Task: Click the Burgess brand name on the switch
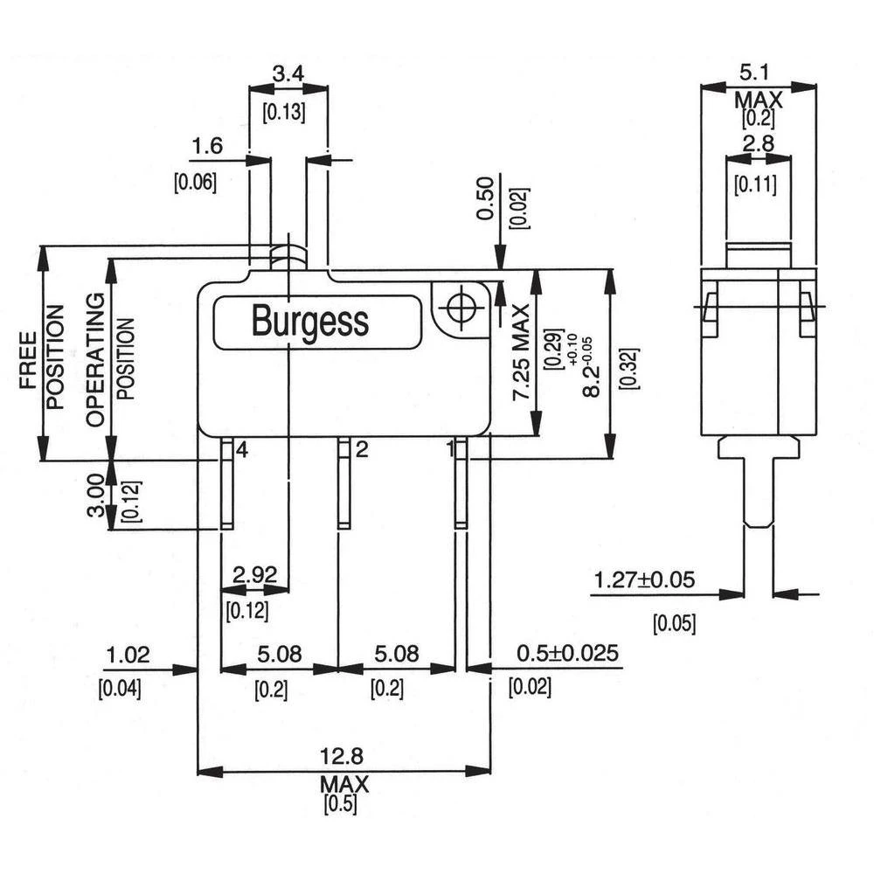click(x=309, y=321)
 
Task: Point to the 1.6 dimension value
click(x=206, y=146)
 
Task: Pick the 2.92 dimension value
click(x=256, y=575)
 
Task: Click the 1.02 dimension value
click(x=128, y=654)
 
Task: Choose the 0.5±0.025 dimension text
click(x=567, y=654)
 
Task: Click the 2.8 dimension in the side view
click(x=758, y=144)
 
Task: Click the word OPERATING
click(x=95, y=359)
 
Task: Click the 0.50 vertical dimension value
click(x=487, y=200)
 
